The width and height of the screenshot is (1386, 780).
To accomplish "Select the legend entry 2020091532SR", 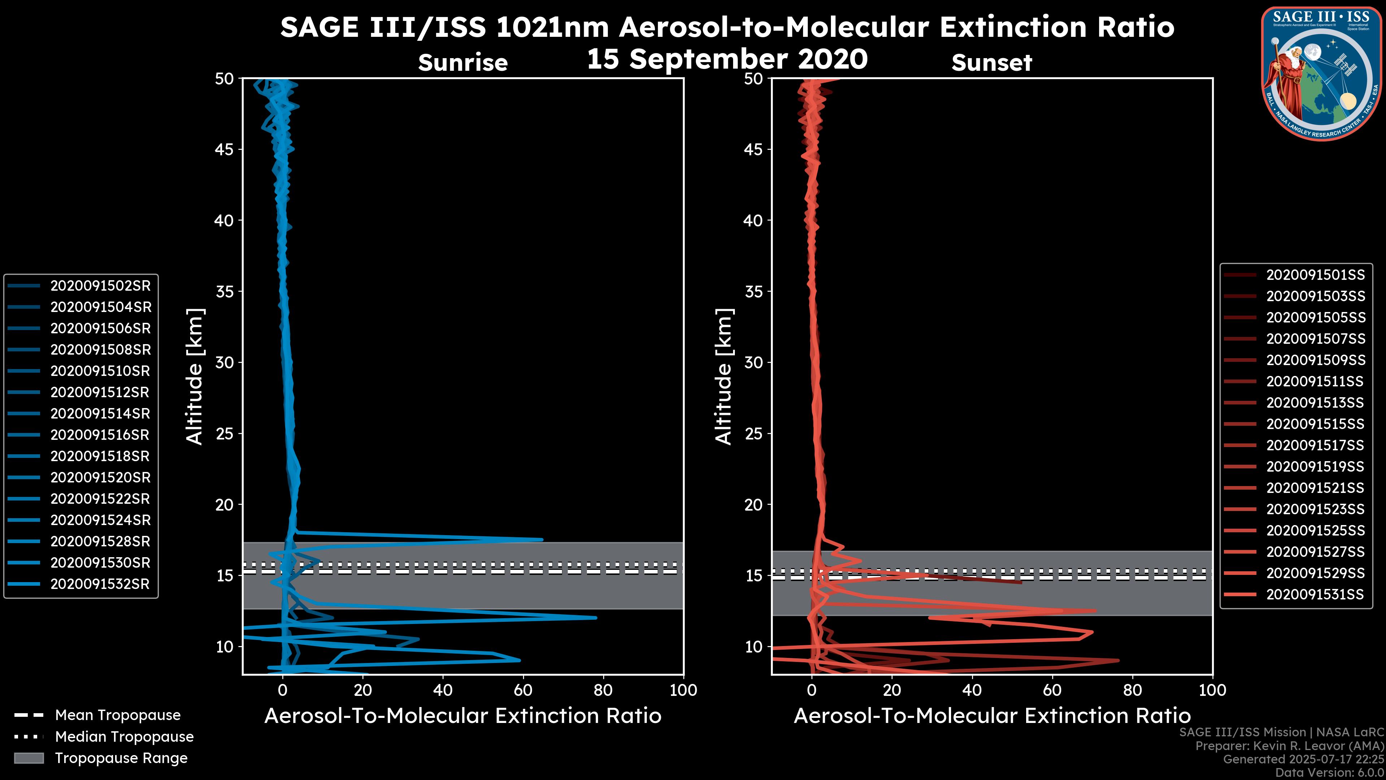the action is click(x=100, y=584).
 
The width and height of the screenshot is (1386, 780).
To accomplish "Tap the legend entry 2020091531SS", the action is click(x=1315, y=594).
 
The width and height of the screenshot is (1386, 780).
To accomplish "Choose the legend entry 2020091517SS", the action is click(x=1315, y=445).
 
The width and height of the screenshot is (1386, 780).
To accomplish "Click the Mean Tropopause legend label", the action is click(x=118, y=715).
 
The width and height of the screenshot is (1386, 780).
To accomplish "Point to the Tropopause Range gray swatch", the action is click(x=29, y=758).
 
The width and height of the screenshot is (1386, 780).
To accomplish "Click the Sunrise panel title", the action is click(x=463, y=62).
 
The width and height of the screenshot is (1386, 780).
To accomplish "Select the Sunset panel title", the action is click(x=991, y=62).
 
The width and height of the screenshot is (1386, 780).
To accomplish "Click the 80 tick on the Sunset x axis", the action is click(x=1133, y=690).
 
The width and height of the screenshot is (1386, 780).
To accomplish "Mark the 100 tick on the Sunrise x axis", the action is click(x=683, y=690).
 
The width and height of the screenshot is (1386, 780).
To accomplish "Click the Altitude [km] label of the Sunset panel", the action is click(x=724, y=376).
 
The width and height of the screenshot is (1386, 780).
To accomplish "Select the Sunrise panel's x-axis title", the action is click(x=463, y=716).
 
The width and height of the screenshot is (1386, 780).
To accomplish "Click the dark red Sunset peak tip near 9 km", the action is click(x=1118, y=660).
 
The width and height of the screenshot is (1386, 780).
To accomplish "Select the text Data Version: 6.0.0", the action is click(x=1330, y=773).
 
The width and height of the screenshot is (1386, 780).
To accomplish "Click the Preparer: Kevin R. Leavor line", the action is click(x=1290, y=746).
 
